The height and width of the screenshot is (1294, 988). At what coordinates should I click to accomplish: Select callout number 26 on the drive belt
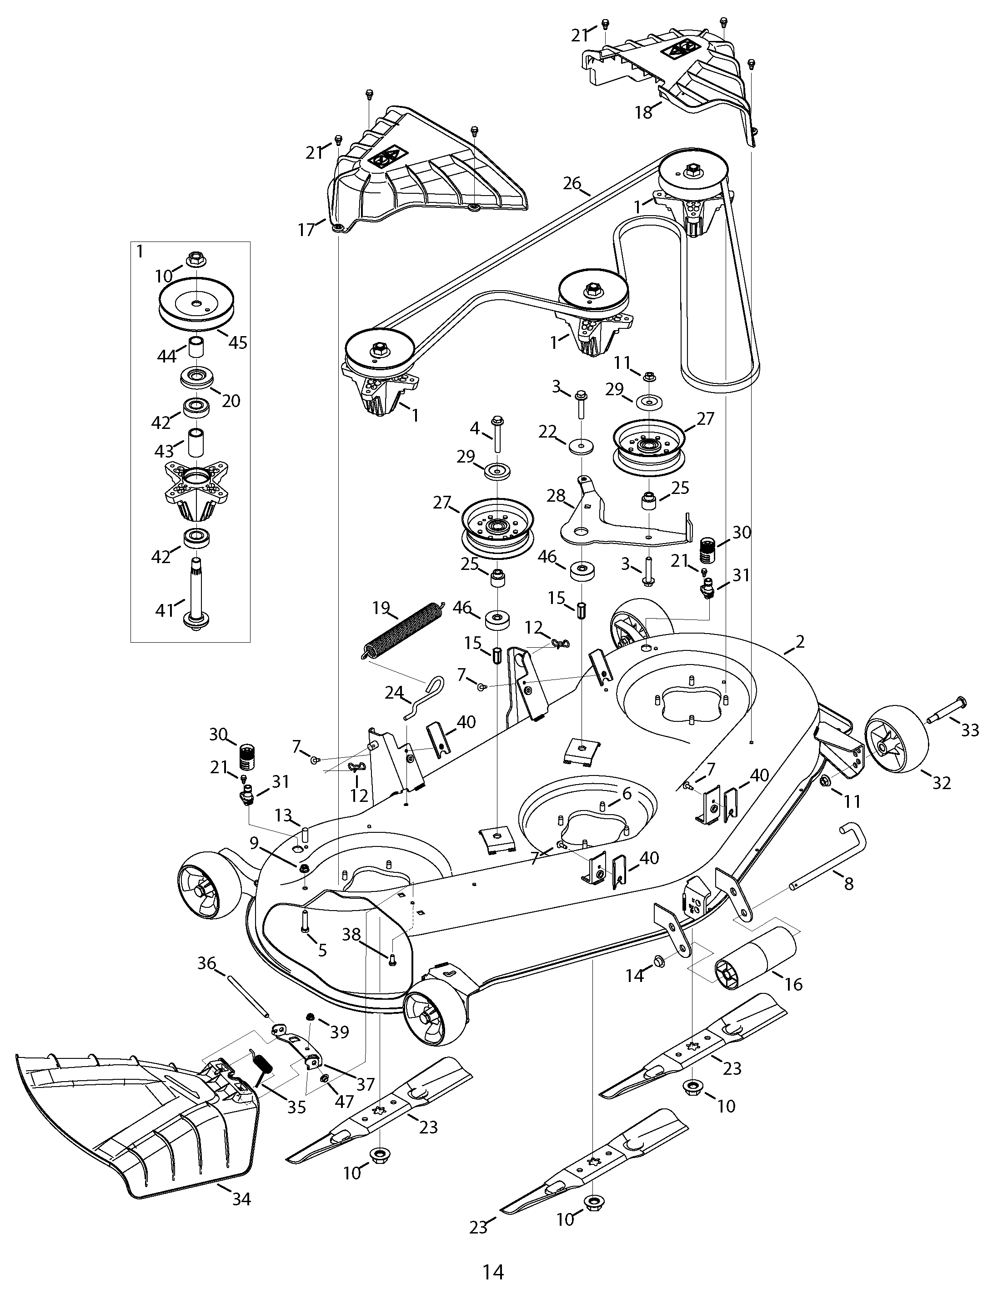coord(572,183)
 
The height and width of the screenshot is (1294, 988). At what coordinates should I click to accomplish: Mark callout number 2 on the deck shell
coord(799,642)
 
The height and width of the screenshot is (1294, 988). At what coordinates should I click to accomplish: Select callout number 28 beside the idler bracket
coord(556,495)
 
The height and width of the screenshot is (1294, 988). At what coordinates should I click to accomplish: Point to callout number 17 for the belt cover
coord(306,229)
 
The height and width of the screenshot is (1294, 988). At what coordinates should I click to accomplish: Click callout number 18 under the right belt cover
coord(644,112)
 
